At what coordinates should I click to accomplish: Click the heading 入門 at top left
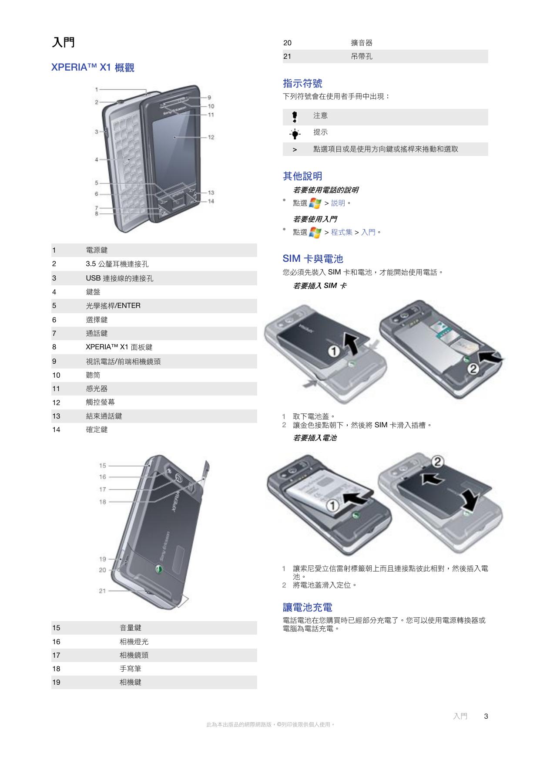point(63,42)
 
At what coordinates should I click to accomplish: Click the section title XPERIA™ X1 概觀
point(93,68)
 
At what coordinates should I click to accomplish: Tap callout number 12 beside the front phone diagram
point(211,137)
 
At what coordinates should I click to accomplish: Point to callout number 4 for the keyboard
point(97,160)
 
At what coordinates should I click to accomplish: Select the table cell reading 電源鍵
point(97,250)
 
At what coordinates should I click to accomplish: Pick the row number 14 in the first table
point(56,429)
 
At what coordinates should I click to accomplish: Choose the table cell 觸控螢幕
point(101,402)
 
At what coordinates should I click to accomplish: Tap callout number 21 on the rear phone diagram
point(102,591)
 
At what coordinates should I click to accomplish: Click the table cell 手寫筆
point(130,669)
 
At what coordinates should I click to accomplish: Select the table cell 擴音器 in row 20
point(362,43)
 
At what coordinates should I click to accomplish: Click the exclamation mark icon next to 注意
point(295,117)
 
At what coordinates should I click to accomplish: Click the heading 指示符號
point(302,83)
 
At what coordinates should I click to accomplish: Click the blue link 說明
point(338,203)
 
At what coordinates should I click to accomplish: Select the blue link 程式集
point(342,232)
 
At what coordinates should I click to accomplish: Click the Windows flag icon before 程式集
point(315,233)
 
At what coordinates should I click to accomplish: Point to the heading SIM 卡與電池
point(313,259)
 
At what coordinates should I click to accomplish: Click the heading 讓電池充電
point(308,607)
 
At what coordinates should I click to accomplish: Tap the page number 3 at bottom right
point(486,716)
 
